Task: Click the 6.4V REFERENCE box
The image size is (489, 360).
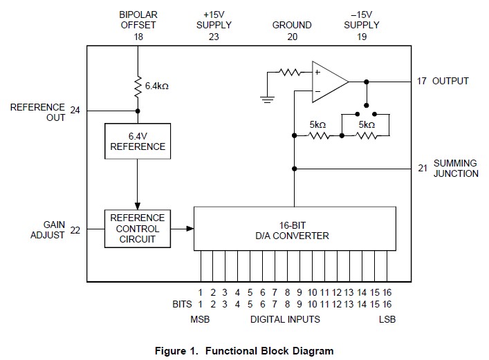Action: [138, 141]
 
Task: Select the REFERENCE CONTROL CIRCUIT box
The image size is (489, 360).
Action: [138, 229]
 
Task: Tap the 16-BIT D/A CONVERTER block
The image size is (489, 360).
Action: [294, 229]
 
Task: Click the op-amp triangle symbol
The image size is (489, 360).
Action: [329, 81]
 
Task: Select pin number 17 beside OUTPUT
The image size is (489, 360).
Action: [422, 81]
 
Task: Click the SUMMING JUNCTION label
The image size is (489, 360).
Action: [456, 169]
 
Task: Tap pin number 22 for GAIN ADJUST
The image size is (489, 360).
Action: [75, 230]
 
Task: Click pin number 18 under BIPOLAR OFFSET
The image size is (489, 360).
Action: [138, 37]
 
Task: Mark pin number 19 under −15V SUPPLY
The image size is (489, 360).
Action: [361, 37]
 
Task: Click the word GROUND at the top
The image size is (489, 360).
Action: [292, 25]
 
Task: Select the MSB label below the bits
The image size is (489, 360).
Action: [200, 319]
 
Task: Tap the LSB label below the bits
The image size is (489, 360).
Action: [387, 319]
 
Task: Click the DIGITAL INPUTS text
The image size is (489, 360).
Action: [285, 319]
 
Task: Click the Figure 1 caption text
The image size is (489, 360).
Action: [244, 350]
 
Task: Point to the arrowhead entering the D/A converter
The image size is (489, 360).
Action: [189, 229]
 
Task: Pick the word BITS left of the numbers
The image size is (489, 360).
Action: [183, 304]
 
